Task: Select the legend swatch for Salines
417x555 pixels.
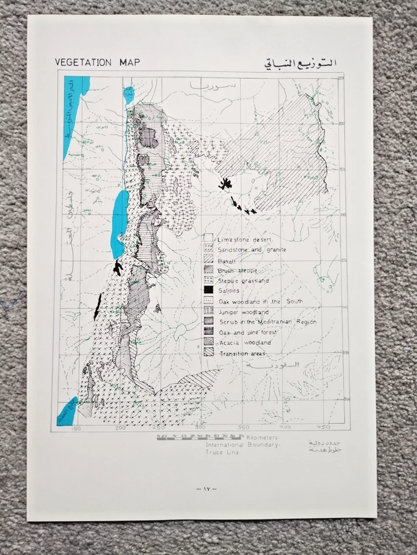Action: click(x=208, y=291)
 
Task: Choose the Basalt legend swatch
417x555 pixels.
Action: click(x=208, y=260)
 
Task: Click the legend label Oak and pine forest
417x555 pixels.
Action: click(x=250, y=332)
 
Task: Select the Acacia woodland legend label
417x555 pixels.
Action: click(x=245, y=343)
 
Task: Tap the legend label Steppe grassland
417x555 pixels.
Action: click(x=244, y=280)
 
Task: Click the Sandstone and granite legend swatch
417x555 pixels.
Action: click(x=208, y=249)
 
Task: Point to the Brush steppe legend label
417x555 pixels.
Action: click(x=238, y=270)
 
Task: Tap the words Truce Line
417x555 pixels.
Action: click(x=223, y=453)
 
